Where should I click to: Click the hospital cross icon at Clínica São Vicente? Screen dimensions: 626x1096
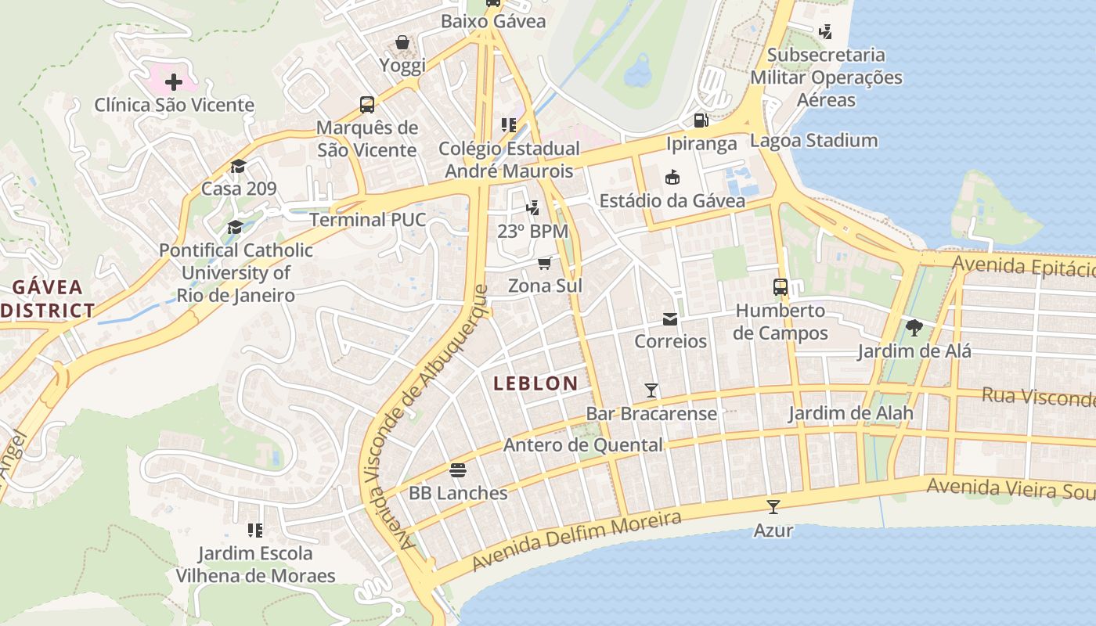(174, 81)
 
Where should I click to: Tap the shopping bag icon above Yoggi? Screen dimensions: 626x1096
(402, 42)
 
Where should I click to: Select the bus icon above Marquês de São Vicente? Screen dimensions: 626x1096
(366, 104)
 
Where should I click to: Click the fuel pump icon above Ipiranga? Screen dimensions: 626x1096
(701, 121)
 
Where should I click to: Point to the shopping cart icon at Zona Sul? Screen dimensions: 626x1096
(545, 263)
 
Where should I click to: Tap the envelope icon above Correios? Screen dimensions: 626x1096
(670, 319)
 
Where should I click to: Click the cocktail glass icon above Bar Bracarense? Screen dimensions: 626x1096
(651, 390)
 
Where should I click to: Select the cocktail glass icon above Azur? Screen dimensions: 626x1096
(773, 507)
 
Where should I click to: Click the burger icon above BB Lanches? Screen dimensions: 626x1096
(458, 470)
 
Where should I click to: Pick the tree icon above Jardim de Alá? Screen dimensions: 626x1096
(914, 328)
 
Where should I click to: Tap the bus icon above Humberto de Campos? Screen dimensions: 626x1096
(781, 287)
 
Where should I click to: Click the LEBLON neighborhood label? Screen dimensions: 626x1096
(536, 383)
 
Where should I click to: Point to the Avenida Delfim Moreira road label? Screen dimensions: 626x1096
(576, 541)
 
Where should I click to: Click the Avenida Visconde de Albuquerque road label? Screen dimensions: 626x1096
(429, 418)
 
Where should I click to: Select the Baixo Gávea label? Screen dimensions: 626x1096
(493, 21)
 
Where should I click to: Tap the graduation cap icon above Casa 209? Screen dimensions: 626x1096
(238, 166)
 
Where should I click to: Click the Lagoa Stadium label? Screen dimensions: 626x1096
(813, 141)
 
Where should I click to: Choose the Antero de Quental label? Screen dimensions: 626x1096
(582, 445)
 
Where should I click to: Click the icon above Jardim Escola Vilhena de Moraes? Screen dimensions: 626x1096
(254, 531)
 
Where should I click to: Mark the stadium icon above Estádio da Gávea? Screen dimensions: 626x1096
(672, 178)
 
